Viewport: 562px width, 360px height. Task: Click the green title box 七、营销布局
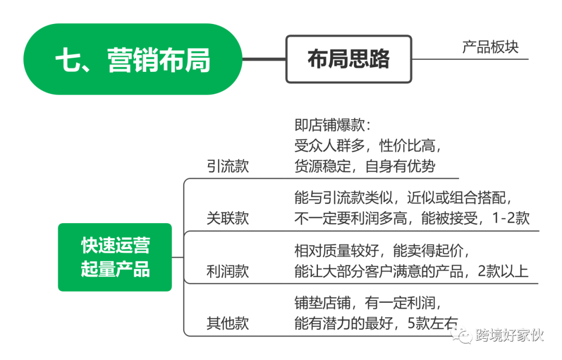coord(133,59)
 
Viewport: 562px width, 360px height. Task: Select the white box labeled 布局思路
coord(348,59)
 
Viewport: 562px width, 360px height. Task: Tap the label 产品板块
coord(490,47)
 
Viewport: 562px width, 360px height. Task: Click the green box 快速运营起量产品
coord(114,257)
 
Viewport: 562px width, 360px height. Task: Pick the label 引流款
coord(227,165)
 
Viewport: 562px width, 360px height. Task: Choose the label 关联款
coord(227,218)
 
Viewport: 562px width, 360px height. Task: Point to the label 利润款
coord(227,271)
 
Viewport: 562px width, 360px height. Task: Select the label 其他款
coord(227,323)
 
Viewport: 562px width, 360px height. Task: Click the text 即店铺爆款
coord(333,126)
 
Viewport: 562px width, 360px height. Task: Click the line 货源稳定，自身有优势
coord(364,166)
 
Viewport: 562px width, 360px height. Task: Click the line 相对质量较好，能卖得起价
coord(382,251)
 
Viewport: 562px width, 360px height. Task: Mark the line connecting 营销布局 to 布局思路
coord(264,59)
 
